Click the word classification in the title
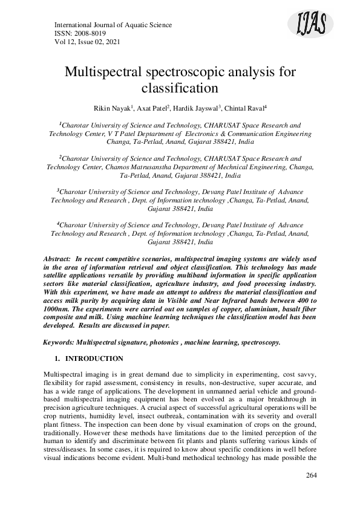click(179, 88)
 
